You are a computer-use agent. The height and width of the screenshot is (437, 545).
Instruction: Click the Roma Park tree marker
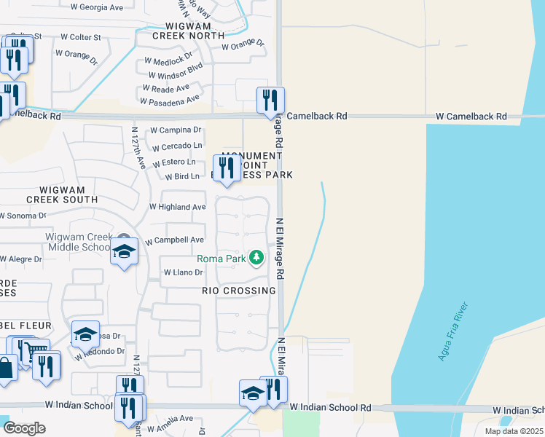point(256,258)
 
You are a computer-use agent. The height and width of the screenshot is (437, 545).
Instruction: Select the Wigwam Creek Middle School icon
point(124,253)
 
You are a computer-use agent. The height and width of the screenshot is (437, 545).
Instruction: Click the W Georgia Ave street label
point(97,7)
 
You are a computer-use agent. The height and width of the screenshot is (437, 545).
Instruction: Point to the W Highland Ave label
point(177,207)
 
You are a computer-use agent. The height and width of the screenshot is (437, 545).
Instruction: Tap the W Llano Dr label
point(182,272)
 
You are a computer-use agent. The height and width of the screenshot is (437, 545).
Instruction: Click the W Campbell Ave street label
point(175,240)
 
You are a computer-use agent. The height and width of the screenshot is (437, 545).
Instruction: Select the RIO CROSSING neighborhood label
point(240,291)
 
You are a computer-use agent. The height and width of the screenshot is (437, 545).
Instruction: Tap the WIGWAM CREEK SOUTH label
point(62,194)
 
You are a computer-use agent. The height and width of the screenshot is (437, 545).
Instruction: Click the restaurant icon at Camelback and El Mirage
point(270,101)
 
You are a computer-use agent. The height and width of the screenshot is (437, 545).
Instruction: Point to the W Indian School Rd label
point(330,408)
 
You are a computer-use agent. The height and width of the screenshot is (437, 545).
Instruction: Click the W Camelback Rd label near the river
point(471,117)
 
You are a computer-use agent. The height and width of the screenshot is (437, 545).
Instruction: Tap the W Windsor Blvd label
point(175,75)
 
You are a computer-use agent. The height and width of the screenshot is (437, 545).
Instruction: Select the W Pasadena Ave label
point(170,101)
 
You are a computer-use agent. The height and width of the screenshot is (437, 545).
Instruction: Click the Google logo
point(24,428)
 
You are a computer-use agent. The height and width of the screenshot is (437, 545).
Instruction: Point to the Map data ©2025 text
point(513,431)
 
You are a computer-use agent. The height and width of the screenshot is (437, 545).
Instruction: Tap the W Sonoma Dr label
point(22,216)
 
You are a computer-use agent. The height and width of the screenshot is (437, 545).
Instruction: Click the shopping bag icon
point(5,367)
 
